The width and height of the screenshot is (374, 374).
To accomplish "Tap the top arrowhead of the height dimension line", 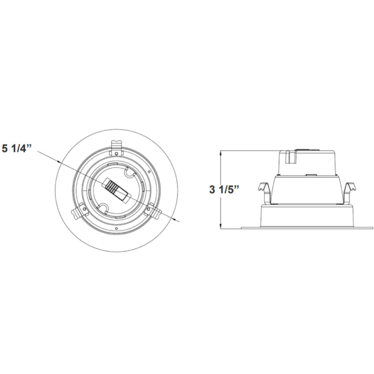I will tap(221, 152).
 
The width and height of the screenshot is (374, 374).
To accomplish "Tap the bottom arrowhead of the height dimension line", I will tap(221, 227).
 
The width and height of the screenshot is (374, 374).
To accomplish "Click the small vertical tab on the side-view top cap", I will tap(289, 157).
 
